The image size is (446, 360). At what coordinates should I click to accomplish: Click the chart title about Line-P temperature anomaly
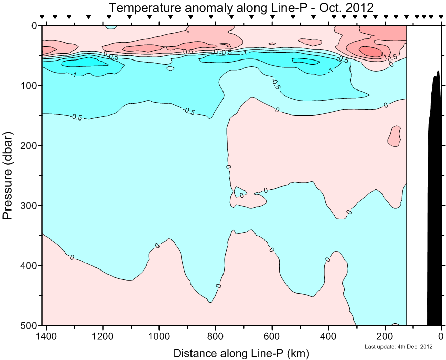(241, 8)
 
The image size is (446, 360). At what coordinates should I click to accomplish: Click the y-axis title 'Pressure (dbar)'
(8, 176)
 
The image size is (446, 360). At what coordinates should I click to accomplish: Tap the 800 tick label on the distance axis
(216, 336)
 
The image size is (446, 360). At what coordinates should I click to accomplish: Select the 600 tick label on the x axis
(272, 336)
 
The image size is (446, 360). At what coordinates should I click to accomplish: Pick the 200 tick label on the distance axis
(385, 336)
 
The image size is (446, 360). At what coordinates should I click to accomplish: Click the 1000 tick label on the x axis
(160, 336)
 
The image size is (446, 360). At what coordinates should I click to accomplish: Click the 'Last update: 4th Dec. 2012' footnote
(399, 347)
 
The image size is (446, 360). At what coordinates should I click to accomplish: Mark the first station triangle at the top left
(42, 17)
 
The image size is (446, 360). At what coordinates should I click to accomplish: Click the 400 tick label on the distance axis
(329, 336)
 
